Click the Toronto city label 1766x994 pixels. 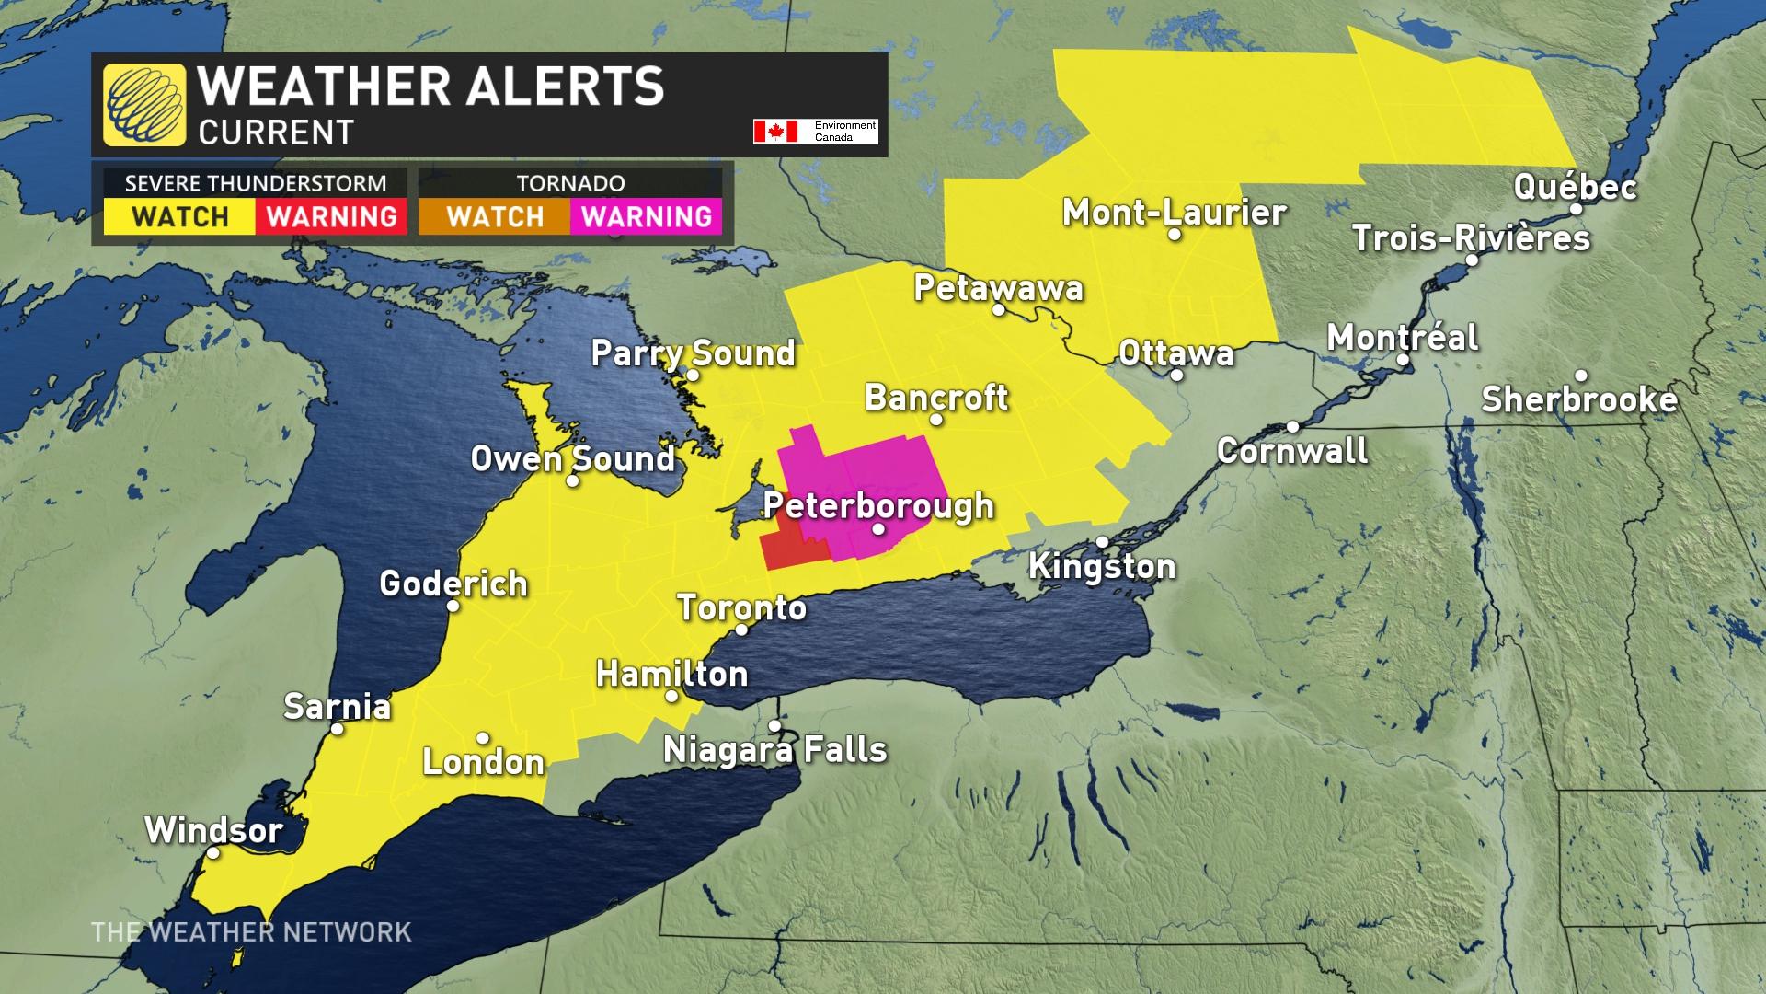(741, 607)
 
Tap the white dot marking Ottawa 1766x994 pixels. (1176, 375)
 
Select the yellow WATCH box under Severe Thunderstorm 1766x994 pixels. (179, 217)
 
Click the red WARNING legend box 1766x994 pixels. (331, 217)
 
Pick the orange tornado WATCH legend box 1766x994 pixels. (495, 217)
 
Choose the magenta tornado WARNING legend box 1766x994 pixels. (647, 217)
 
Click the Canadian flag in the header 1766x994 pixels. (774, 132)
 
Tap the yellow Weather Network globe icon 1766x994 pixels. (143, 104)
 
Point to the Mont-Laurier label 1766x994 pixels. (1174, 213)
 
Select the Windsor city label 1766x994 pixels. (213, 830)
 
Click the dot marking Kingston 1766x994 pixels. (1102, 542)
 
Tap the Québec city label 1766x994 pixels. (1575, 187)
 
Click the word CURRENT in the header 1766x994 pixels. (276, 133)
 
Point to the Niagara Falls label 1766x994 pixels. (774, 750)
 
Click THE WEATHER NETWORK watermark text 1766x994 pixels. (251, 932)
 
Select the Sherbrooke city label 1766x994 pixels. (1579, 399)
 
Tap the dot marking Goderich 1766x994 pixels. (453, 606)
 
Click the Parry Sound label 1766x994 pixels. (693, 353)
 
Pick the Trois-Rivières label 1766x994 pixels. (1471, 238)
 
